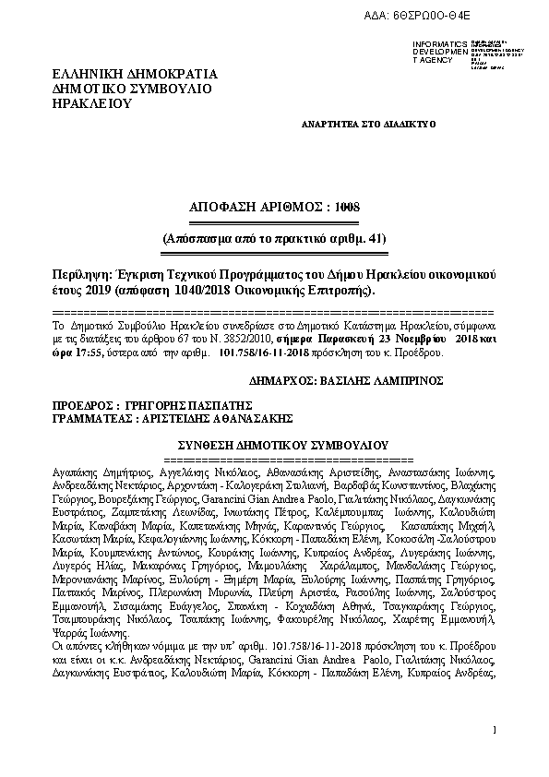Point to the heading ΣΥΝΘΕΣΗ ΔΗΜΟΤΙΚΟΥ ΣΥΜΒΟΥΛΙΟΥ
(274, 444)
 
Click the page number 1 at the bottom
(495, 730)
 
